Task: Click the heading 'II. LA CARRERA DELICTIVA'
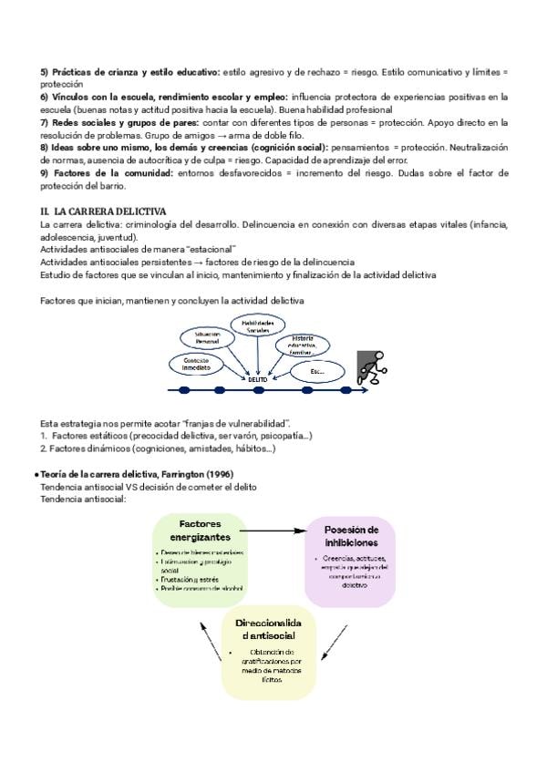[x=91, y=211]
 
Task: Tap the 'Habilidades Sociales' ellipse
[x=256, y=327]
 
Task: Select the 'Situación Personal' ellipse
[x=208, y=339]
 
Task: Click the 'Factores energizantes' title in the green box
[x=199, y=531]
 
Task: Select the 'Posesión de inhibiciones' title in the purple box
[x=350, y=536]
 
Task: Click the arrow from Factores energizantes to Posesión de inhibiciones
[x=273, y=530]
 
